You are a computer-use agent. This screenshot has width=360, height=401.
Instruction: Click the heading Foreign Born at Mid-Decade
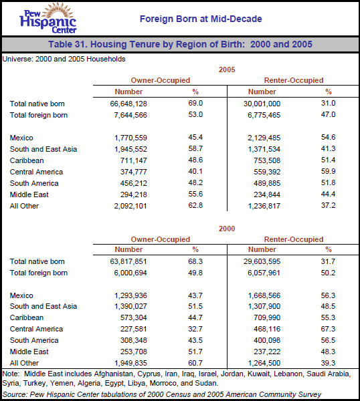(201, 19)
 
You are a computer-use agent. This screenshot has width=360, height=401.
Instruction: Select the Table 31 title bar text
(180, 45)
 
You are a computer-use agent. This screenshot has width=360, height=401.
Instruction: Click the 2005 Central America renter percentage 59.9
(328, 172)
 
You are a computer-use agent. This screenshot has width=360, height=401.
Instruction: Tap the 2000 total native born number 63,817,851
(120, 261)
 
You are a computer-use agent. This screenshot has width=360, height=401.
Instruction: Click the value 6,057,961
(260, 273)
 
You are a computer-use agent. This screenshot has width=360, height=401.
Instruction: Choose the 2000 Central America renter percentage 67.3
(328, 329)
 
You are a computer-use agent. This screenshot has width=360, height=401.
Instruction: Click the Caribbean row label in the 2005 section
(27, 160)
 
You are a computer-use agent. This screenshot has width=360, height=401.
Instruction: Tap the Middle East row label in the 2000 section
(29, 352)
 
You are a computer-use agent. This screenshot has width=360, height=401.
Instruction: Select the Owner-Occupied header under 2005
(161, 80)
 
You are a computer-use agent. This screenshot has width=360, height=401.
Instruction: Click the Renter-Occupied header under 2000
(294, 239)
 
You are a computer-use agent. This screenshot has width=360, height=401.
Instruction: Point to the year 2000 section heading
(228, 228)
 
